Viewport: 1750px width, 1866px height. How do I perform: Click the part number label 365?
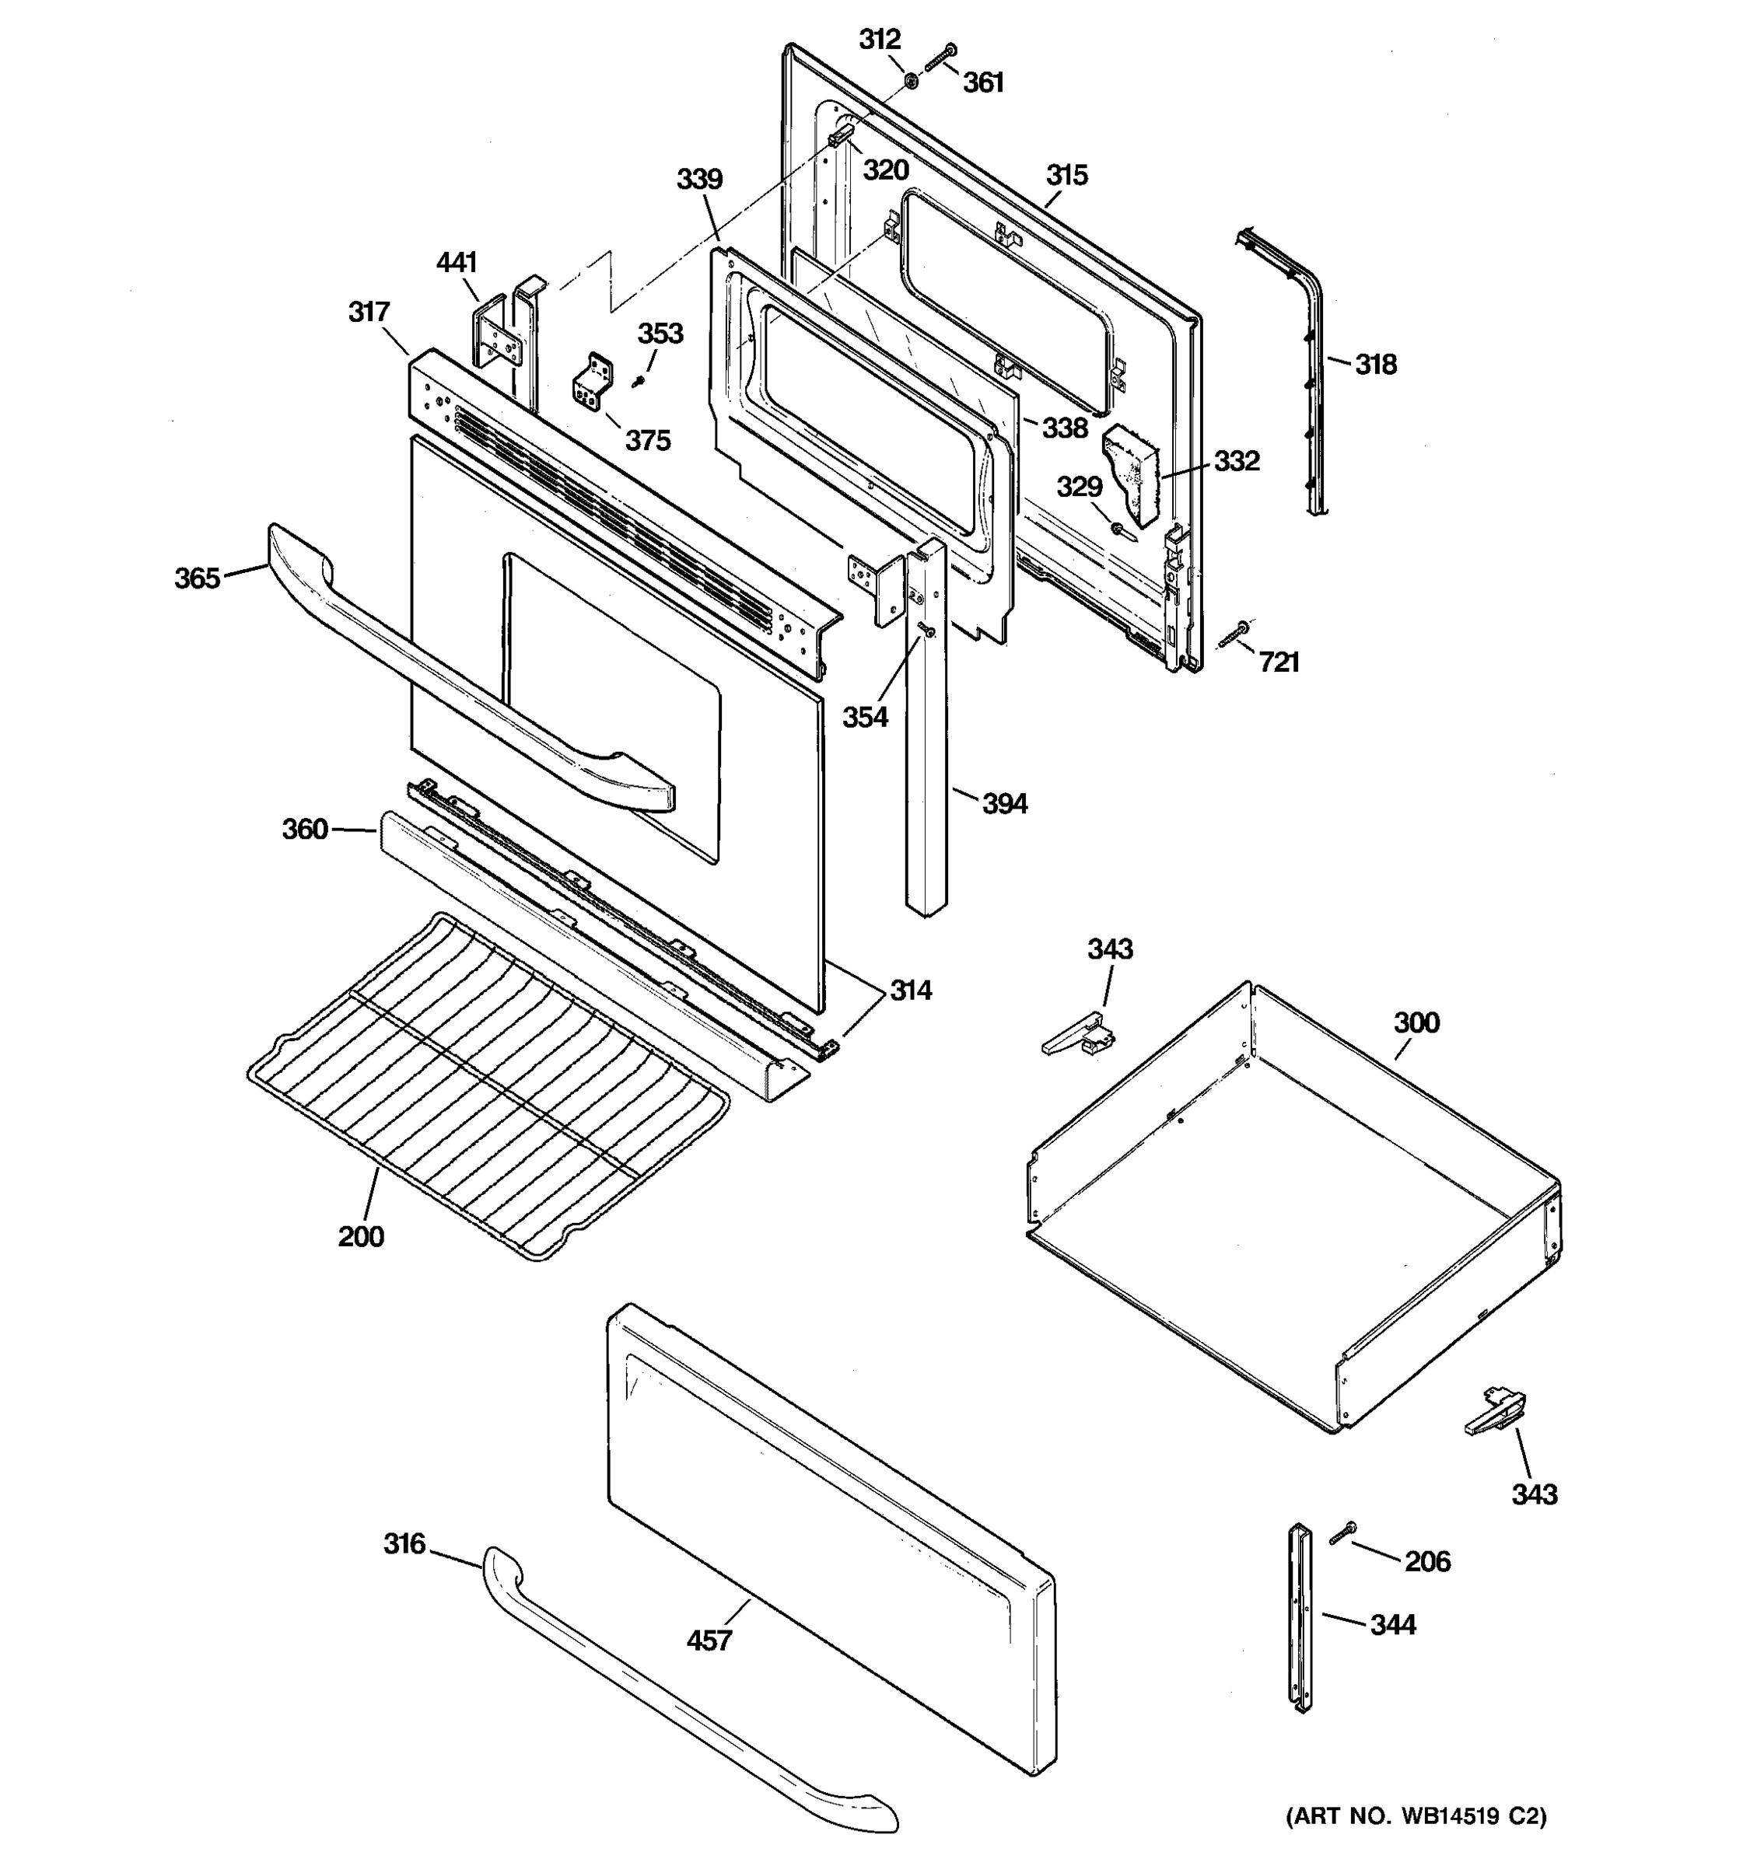pyautogui.click(x=197, y=578)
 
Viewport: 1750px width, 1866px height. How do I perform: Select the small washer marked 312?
pyautogui.click(x=911, y=82)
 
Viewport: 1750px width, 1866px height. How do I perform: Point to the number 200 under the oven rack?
pyautogui.click(x=361, y=1236)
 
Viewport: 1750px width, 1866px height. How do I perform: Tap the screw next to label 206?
pyautogui.click(x=1342, y=1532)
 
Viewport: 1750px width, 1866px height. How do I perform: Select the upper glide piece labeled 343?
pyautogui.click(x=1078, y=1037)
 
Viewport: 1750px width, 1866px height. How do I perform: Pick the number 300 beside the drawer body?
pyautogui.click(x=1416, y=1022)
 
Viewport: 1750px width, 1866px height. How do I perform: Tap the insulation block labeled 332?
pyautogui.click(x=1133, y=470)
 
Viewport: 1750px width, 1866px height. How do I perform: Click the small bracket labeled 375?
pyautogui.click(x=590, y=381)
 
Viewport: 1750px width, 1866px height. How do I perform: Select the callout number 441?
pyautogui.click(x=457, y=263)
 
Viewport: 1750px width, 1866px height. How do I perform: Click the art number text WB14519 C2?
pyautogui.click(x=1416, y=1815)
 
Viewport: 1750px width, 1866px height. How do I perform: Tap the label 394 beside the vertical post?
pyautogui.click(x=1005, y=803)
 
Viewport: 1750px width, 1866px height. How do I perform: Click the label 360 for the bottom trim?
pyautogui.click(x=305, y=829)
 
